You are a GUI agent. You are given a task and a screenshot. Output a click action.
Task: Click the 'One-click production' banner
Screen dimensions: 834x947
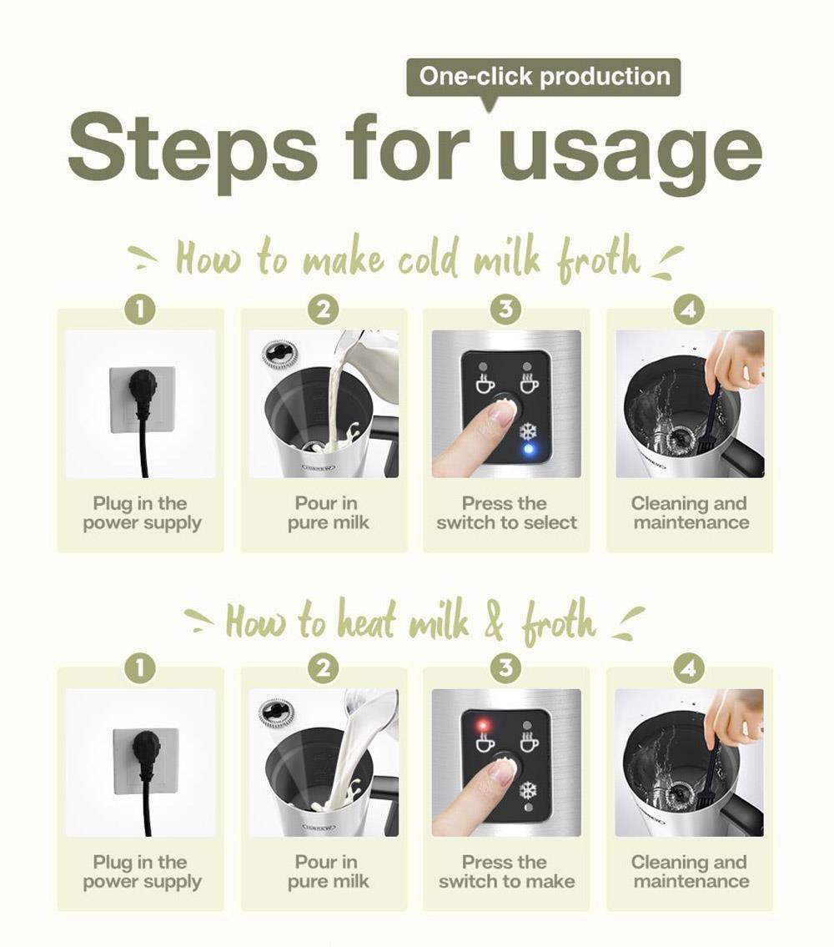(544, 77)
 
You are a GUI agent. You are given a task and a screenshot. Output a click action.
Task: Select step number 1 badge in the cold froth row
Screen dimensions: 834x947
(140, 310)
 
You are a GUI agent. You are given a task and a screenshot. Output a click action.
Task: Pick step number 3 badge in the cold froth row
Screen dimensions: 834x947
(506, 310)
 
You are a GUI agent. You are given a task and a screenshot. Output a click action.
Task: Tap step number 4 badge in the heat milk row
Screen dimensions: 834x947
(689, 668)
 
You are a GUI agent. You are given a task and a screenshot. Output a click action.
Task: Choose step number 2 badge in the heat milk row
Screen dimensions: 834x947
(323, 668)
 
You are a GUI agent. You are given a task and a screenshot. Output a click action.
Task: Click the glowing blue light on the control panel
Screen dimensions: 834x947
(529, 449)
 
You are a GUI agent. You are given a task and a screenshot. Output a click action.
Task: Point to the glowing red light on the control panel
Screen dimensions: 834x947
(483, 725)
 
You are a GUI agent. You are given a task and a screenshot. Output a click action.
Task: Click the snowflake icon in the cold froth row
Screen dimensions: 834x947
(529, 431)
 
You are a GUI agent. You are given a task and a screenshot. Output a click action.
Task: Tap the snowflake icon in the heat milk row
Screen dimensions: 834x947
(529, 790)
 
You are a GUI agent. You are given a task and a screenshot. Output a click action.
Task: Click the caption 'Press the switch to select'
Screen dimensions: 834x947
(506, 513)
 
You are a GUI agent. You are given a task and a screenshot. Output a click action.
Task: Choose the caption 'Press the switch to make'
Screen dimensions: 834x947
(506, 872)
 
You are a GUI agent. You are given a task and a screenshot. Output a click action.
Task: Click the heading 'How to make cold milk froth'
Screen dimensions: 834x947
(409, 259)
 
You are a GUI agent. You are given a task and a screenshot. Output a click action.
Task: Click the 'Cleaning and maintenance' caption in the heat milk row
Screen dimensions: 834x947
(690, 872)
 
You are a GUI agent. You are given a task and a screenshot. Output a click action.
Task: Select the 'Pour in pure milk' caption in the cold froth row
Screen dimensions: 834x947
(327, 513)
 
